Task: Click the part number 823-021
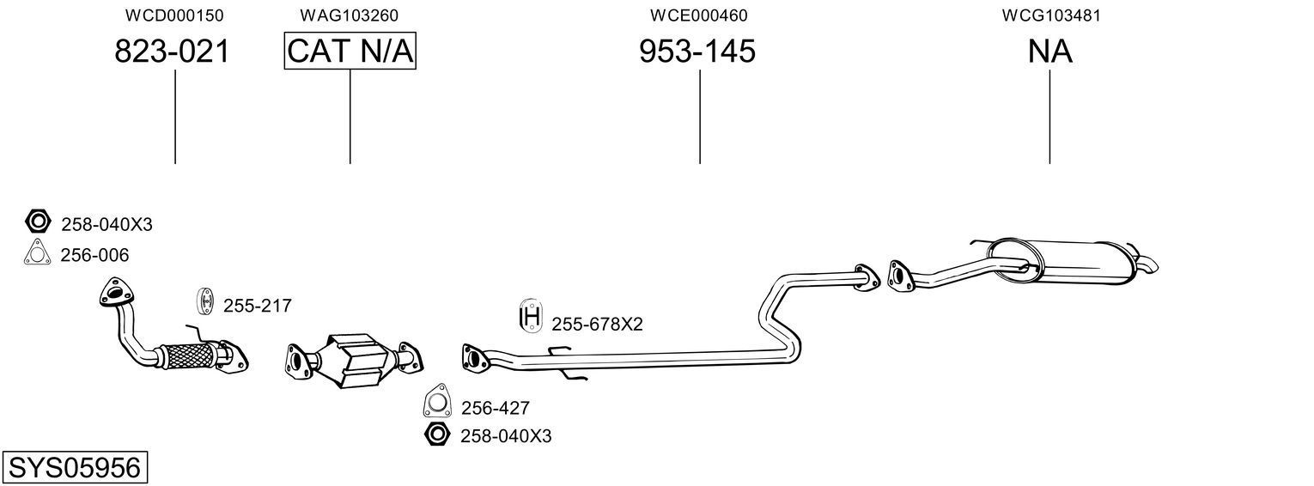click(x=173, y=52)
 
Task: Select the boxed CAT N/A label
click(x=350, y=52)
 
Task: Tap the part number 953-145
click(x=697, y=52)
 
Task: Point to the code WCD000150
click(x=174, y=15)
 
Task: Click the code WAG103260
click(x=349, y=15)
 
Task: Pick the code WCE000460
click(x=698, y=15)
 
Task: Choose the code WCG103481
click(x=1050, y=15)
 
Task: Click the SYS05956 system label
click(x=74, y=468)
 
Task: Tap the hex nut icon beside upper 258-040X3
click(x=38, y=222)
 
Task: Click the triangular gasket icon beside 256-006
click(x=37, y=253)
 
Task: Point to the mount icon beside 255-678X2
click(x=532, y=318)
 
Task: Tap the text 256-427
click(x=496, y=408)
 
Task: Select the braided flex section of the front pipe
click(x=186, y=354)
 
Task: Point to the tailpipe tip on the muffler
click(x=1148, y=264)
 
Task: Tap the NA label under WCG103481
click(x=1049, y=52)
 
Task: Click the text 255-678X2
click(x=597, y=325)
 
